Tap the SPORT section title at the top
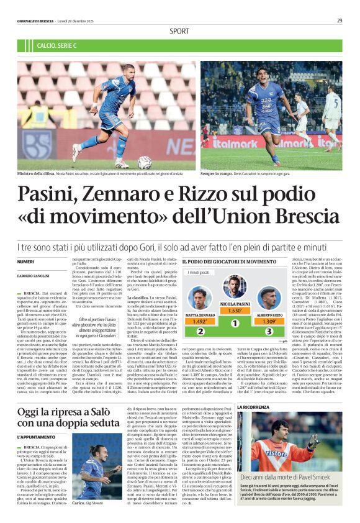(x=179, y=30)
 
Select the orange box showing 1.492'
(x=200, y=322)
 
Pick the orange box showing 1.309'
(x=269, y=322)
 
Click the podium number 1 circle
(x=235, y=324)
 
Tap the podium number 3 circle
(x=269, y=332)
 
